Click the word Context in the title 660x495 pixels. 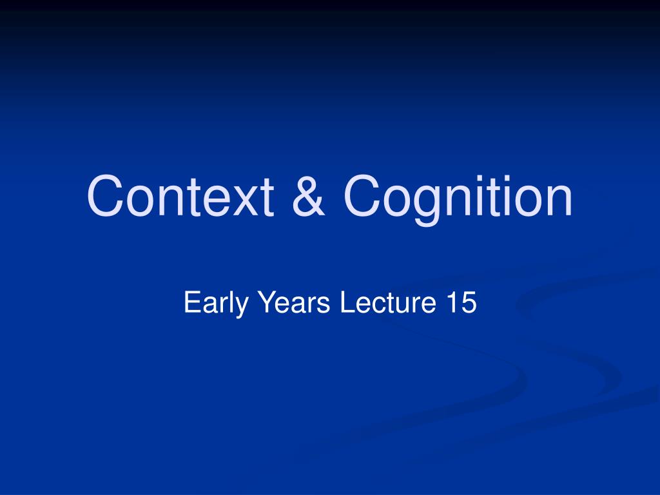(x=180, y=196)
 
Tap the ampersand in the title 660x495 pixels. (x=309, y=196)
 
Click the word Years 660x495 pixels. (x=294, y=302)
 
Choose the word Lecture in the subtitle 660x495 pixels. (x=387, y=302)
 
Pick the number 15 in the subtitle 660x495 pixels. (x=461, y=302)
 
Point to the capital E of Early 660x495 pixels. (x=192, y=302)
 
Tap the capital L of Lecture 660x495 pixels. (x=347, y=302)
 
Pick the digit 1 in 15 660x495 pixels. (x=451, y=302)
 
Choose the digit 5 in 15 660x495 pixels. (x=469, y=302)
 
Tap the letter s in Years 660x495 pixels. (x=324, y=305)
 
